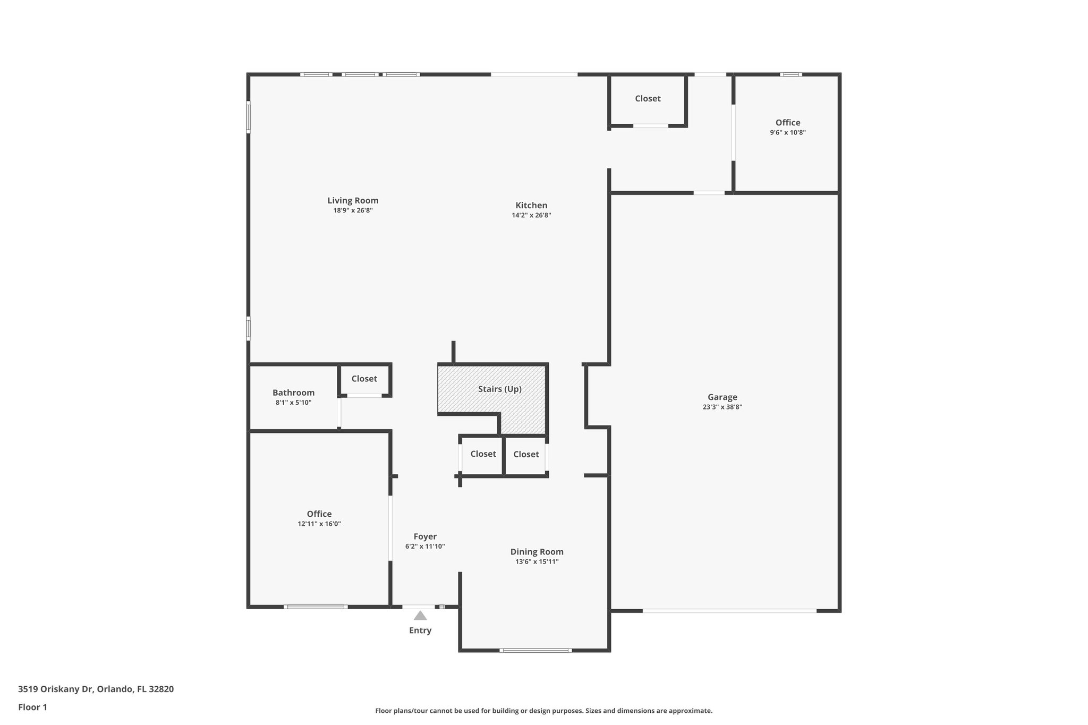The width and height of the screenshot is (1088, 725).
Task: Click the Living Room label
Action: pyautogui.click(x=353, y=200)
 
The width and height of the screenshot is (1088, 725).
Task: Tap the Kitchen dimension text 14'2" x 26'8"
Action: pyautogui.click(x=531, y=215)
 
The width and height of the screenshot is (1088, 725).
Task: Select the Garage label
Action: pyautogui.click(x=722, y=397)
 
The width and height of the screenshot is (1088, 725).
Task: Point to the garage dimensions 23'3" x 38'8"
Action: pyautogui.click(x=722, y=407)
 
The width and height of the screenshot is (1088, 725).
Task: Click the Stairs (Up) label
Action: pyautogui.click(x=499, y=389)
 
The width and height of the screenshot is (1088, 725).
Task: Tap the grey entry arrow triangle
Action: pyautogui.click(x=420, y=616)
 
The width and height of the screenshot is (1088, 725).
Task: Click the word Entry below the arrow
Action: pyautogui.click(x=420, y=630)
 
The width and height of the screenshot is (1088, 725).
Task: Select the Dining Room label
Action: pyautogui.click(x=537, y=552)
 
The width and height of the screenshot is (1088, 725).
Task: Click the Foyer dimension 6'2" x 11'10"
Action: pyautogui.click(x=424, y=546)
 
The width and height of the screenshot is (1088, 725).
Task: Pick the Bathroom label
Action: pyautogui.click(x=293, y=393)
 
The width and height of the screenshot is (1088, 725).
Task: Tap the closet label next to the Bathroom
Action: pyautogui.click(x=364, y=379)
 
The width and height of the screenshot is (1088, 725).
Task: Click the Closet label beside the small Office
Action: pyautogui.click(x=648, y=98)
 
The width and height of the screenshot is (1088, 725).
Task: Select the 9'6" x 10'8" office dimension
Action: pyautogui.click(x=787, y=132)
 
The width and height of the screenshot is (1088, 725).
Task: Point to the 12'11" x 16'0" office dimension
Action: pyautogui.click(x=319, y=524)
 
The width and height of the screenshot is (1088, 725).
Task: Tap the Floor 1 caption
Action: pyautogui.click(x=32, y=707)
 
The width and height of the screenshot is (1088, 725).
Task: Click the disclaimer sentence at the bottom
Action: pyautogui.click(x=543, y=711)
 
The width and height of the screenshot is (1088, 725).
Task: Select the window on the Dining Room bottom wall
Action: pyautogui.click(x=535, y=650)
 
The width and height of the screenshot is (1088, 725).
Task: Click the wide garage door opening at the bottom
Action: pyautogui.click(x=729, y=611)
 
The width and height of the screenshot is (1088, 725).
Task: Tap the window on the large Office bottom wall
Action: pyautogui.click(x=316, y=607)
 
